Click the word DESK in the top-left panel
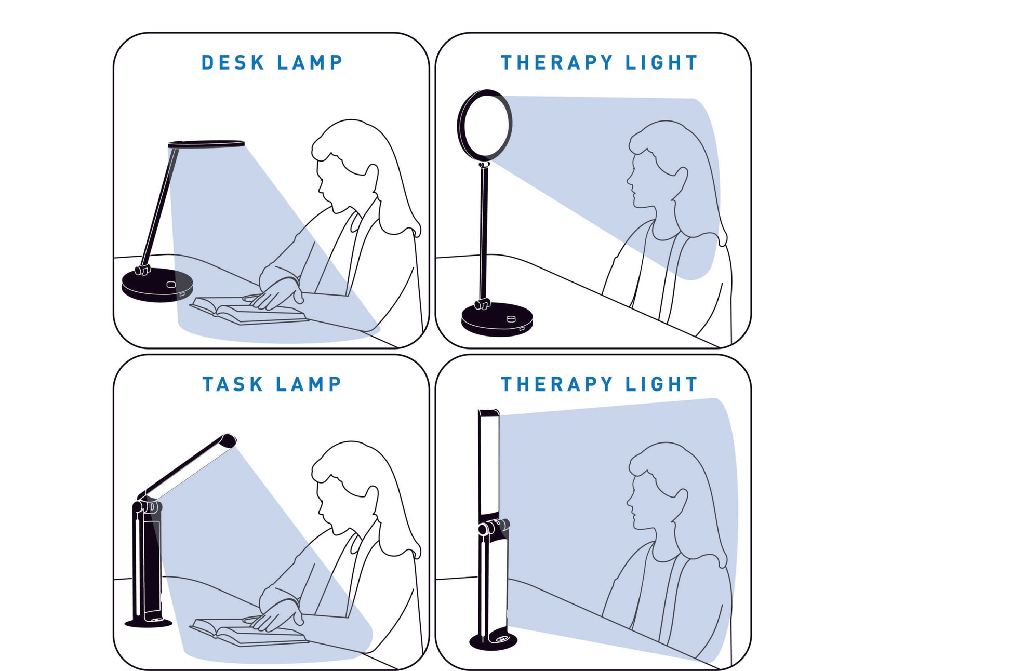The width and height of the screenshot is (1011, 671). point(233,62)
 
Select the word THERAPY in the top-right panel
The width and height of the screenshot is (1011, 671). point(556,62)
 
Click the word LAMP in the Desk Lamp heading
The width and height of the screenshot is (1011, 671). point(310,62)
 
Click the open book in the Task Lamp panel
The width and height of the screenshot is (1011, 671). point(248,632)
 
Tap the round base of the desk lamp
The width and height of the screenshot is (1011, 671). point(157,285)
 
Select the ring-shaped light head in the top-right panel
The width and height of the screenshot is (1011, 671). point(485,125)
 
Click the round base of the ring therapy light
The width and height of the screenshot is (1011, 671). point(497,319)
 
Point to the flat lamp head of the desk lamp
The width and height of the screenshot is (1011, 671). point(206,143)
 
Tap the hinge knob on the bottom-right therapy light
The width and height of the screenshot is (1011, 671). point(494,528)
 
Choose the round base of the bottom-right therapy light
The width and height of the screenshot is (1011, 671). point(494,641)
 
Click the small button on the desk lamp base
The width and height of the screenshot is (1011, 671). point(171,284)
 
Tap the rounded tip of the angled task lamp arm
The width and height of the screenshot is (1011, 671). point(229,440)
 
